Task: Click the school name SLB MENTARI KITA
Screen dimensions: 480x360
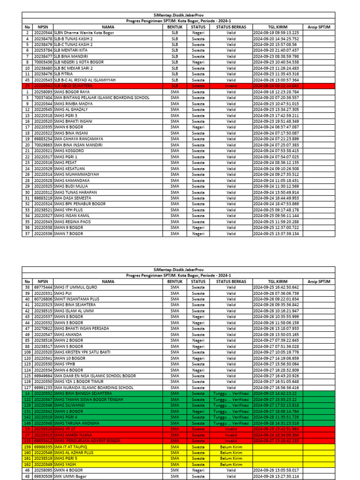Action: point(71,50)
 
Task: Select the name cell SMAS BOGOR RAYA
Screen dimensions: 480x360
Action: point(72,92)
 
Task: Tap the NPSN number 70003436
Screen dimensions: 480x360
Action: point(44,62)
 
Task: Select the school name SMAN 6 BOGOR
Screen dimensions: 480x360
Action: point(69,127)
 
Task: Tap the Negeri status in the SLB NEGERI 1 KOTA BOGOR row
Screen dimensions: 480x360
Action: point(198,62)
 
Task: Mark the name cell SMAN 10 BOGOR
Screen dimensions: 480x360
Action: point(70,358)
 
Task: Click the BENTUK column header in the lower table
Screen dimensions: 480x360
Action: point(174,281)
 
